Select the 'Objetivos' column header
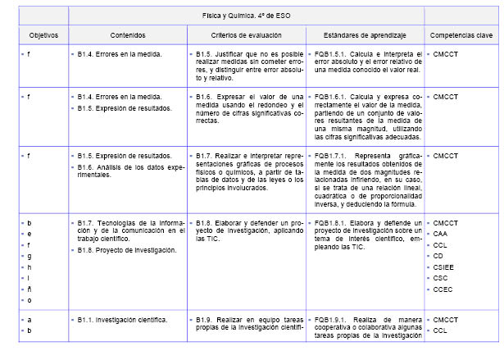tap(39, 36)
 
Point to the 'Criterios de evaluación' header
tap(245, 36)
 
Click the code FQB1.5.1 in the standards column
tap(332, 54)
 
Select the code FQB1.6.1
tap(332, 97)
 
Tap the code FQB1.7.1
tap(332, 155)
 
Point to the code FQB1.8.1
tap(332, 222)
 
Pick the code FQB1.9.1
tap(332, 319)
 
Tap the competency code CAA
tap(442, 234)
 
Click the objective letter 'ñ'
tap(30, 289)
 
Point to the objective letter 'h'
tap(30, 267)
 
